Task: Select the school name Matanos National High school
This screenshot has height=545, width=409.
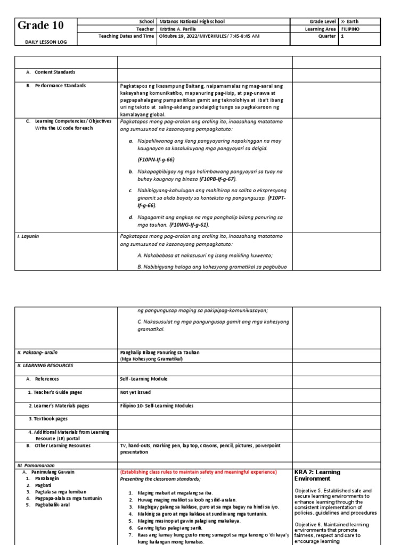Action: click(192, 21)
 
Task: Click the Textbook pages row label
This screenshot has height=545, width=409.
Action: click(48, 419)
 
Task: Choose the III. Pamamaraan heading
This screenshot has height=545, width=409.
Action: click(33, 465)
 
